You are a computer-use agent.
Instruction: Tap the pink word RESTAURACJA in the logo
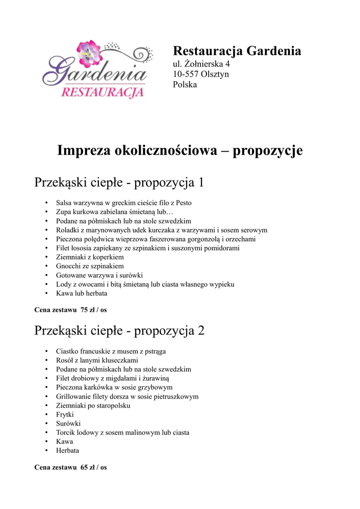(x=102, y=92)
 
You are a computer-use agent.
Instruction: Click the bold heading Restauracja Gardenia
(x=237, y=51)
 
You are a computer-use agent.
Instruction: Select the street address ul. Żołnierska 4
(x=201, y=64)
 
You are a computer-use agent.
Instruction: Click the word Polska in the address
(x=185, y=85)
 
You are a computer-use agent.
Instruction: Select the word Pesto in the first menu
(x=183, y=203)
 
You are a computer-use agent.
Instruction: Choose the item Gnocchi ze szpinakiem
(x=90, y=266)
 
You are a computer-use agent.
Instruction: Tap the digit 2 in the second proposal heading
(x=201, y=331)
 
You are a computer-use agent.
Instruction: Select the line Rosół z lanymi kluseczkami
(x=97, y=360)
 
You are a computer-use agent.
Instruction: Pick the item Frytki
(x=65, y=415)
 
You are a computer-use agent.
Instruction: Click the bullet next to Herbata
(x=46, y=451)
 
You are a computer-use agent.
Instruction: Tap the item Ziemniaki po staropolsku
(x=93, y=406)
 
